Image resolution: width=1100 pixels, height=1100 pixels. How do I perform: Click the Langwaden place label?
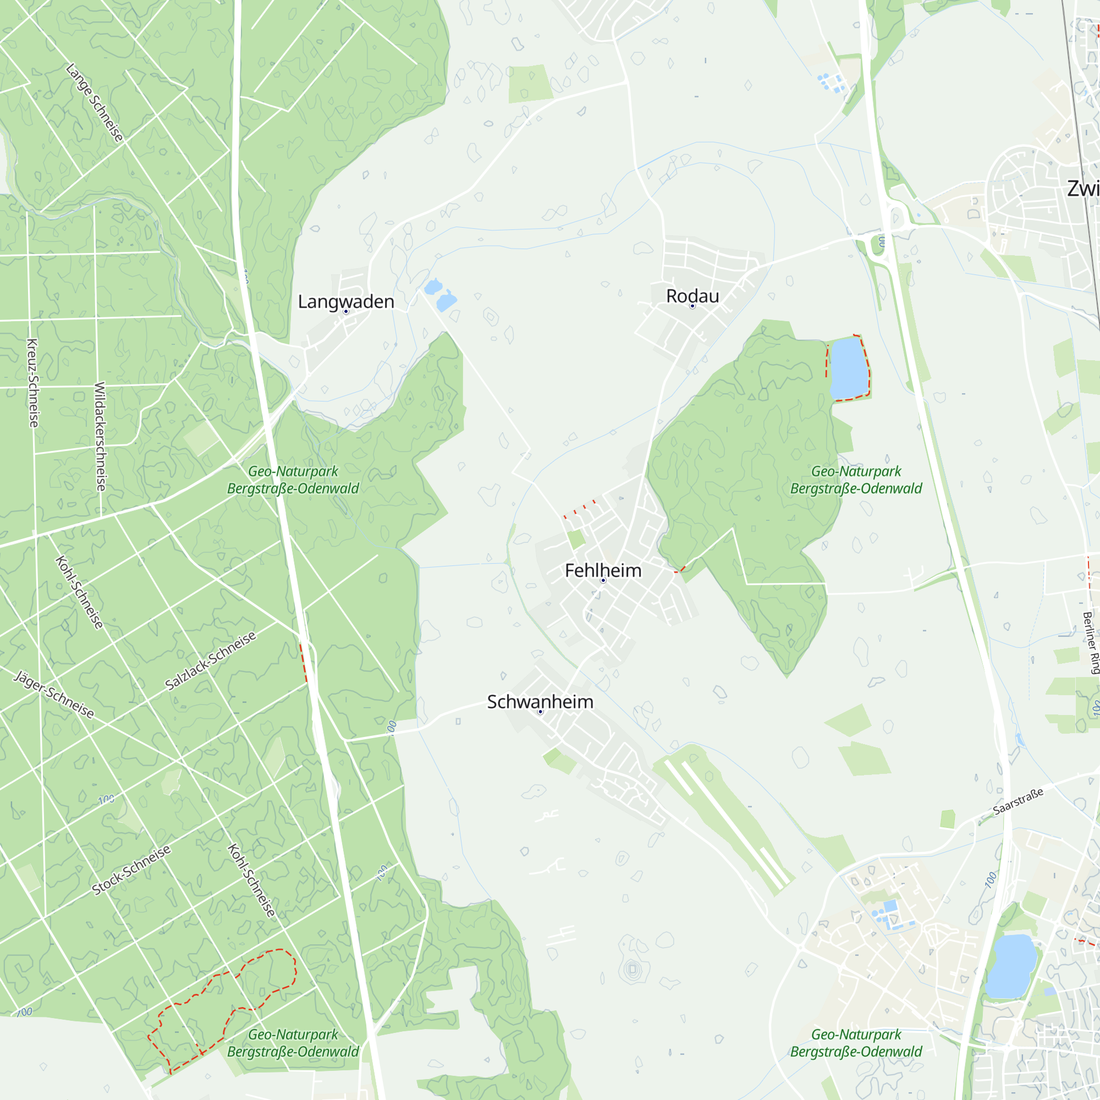345,301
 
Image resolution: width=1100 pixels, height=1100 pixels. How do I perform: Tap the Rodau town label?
692,295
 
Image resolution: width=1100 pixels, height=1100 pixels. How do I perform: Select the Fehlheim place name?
603,570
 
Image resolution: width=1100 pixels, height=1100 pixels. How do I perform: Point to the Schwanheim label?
540,701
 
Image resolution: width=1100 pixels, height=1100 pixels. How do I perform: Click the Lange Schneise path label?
95,102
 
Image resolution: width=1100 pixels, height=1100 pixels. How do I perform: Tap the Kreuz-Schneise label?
33,383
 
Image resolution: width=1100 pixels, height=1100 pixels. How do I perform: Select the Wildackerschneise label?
100,436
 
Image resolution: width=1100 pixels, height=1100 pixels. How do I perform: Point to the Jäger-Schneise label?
54,694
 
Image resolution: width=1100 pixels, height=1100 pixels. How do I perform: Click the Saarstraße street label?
1018,801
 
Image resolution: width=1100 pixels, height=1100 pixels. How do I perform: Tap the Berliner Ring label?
1090,643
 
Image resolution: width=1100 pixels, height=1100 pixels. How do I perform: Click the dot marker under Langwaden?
345,311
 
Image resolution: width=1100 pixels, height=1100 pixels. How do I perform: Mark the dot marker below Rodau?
692,306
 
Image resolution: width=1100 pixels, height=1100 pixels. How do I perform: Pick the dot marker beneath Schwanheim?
540,712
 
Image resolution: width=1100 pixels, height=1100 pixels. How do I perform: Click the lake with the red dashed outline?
849,368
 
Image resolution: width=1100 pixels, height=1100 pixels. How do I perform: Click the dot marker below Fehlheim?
603,580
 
